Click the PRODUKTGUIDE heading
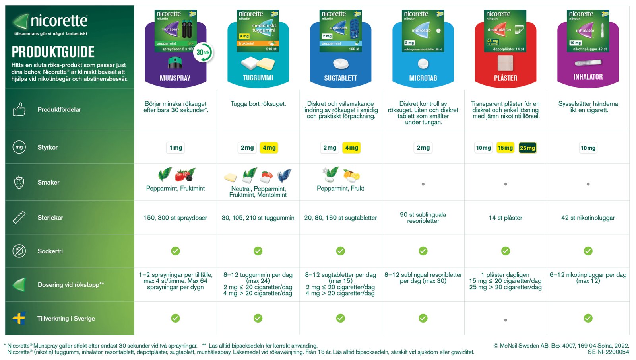click(53, 52)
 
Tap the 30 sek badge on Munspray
click(204, 53)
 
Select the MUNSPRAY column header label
click(175, 78)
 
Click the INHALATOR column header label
click(588, 77)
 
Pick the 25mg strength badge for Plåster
click(527, 148)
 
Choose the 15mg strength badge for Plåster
click(505, 148)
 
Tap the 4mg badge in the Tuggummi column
click(269, 148)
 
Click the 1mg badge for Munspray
click(176, 148)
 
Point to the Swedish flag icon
click(19, 318)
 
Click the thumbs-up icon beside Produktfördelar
click(19, 109)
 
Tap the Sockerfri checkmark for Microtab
click(423, 251)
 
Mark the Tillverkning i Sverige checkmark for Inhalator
click(588, 318)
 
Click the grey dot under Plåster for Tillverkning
click(505, 320)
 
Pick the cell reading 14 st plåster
click(505, 218)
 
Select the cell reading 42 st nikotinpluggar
click(588, 218)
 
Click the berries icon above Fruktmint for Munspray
click(186, 174)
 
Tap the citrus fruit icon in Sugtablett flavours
click(351, 175)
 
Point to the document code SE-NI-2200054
click(608, 352)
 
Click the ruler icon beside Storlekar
click(19, 217)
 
